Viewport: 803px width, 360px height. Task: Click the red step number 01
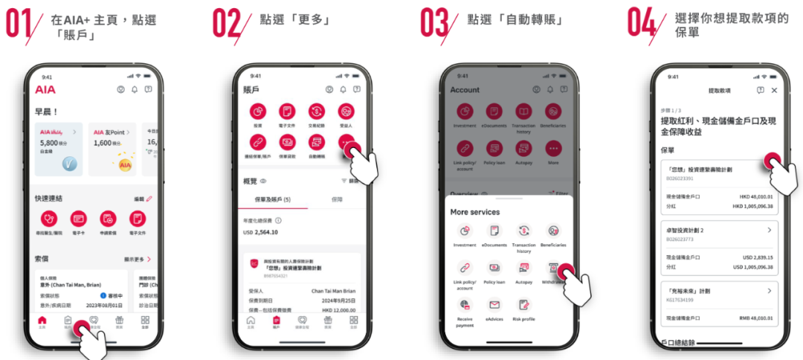20,22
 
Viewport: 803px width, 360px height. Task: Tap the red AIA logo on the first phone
45,89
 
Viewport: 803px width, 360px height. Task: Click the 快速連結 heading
49,199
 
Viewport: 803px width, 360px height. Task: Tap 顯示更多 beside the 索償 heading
138,259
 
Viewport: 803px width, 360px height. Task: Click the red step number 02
228,22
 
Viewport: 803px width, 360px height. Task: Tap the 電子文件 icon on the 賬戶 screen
287,112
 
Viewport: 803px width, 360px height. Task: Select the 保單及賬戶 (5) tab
272,199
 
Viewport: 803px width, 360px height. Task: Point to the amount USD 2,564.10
261,232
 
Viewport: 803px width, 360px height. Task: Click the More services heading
475,212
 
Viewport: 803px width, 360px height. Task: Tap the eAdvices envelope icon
494,304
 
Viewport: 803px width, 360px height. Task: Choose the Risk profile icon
523,304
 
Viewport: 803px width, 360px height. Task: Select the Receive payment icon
465,304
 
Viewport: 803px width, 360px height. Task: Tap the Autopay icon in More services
523,268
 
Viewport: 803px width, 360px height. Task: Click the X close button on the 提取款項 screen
774,90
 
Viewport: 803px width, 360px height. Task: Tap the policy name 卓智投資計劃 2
686,230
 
